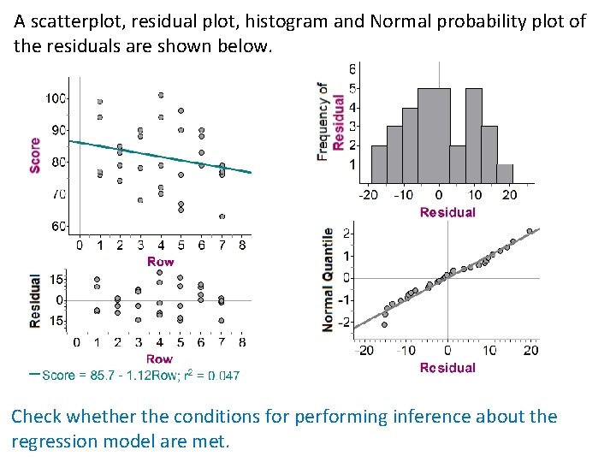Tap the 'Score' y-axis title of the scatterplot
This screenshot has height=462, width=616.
pos(35,155)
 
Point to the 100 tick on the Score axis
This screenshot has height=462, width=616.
pos(56,98)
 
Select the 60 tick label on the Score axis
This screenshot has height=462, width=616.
pos(56,227)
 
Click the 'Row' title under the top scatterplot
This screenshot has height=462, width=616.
pos(161,261)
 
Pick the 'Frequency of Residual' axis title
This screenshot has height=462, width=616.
pos(331,120)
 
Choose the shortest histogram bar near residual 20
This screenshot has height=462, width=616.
pos(506,174)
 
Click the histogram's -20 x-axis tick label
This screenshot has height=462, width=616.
pos(368,194)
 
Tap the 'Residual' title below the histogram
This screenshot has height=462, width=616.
pos(447,212)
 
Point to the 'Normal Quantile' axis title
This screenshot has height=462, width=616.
pos(328,280)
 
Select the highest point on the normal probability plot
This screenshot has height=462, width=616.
pos(530,230)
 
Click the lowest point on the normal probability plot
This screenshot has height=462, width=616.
pos(384,324)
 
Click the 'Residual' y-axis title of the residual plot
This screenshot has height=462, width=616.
pos(35,300)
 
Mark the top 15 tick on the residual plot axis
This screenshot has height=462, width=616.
pos(56,280)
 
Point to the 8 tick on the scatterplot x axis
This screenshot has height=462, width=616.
pos(243,246)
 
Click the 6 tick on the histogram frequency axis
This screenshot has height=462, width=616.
pos(353,68)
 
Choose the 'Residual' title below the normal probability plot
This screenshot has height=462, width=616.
pos(447,368)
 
